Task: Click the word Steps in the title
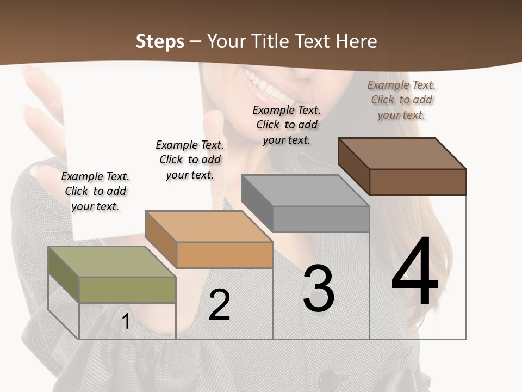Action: pos(160,41)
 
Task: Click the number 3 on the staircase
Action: pos(319,289)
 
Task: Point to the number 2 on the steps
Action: pos(220,305)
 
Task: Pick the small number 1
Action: pos(126,321)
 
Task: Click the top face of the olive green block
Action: pos(111,261)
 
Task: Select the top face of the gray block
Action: pos(304,191)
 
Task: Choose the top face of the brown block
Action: pos(402,154)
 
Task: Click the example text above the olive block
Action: pos(95,191)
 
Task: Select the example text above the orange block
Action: pos(190,160)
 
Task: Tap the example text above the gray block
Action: pos(287,125)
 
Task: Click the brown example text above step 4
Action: pos(401,100)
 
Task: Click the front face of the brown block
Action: pos(418,182)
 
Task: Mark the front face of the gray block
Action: pos(321,219)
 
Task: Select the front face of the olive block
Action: pos(127,290)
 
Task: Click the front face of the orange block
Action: pos(225,255)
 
